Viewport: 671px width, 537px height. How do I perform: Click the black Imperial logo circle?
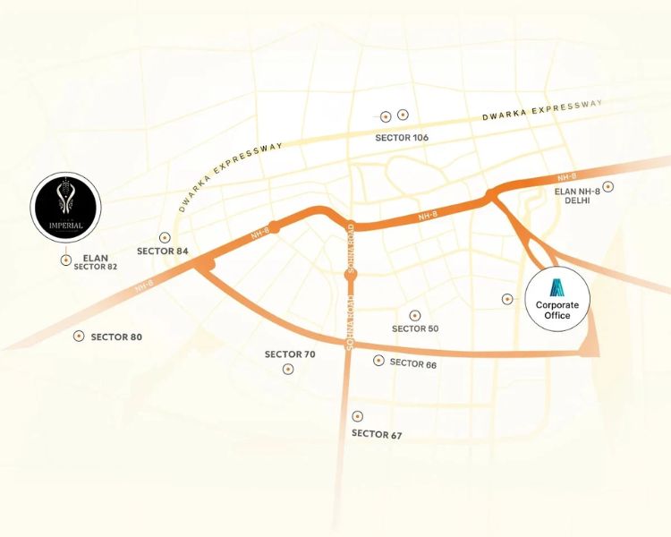pos(65,209)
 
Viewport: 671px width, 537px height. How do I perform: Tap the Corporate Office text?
pos(557,310)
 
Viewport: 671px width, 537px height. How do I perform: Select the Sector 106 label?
pos(403,137)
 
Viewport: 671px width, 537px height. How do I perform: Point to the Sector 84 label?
pos(163,251)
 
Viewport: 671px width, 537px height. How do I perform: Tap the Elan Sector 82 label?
pos(95,262)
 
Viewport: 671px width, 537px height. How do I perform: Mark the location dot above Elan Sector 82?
pos(65,260)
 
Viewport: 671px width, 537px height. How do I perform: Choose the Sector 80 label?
pos(116,337)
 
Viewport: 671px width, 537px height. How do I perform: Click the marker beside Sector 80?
pos(78,337)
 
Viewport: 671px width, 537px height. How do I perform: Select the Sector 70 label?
pos(290,354)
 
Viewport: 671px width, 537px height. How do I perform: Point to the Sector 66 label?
pos(413,362)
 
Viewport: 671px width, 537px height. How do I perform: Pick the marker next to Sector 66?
pos(378,361)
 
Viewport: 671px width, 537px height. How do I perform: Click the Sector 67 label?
pos(377,435)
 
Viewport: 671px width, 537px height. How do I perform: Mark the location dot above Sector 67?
pos(358,416)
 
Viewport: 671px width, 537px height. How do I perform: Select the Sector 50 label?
pos(415,328)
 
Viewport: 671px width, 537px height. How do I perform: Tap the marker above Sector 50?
pos(414,315)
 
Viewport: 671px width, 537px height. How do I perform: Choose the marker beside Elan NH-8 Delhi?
pos(608,186)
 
